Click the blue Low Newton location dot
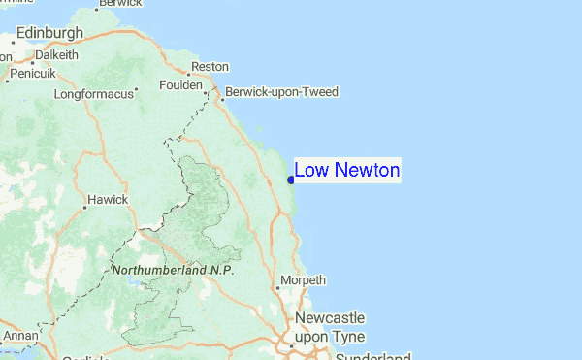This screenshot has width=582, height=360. (x=291, y=179)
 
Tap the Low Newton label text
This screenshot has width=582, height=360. (x=346, y=171)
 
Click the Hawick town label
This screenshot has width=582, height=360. (x=108, y=200)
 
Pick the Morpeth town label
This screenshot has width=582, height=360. (x=303, y=281)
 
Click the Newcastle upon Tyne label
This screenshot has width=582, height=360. (x=330, y=327)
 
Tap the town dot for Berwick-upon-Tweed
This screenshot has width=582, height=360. (x=222, y=97)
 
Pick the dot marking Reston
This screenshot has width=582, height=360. (x=187, y=72)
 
